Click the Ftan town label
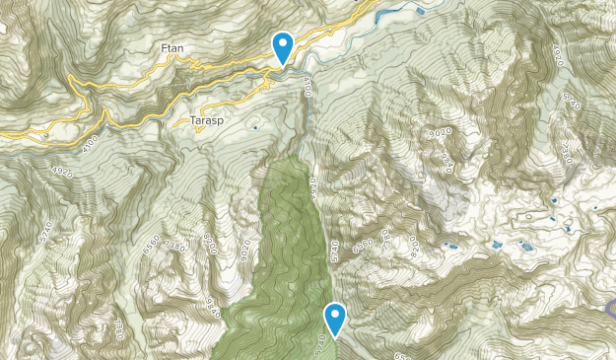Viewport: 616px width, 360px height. tap(173, 47)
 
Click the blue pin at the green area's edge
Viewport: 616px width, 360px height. tap(336, 318)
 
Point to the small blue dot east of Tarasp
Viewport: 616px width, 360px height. tap(255, 127)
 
